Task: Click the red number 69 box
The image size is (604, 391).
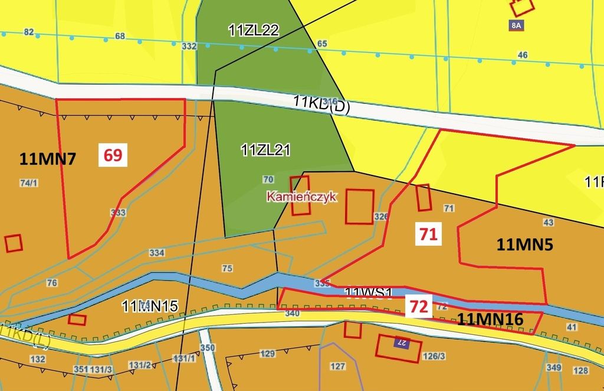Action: (x=113, y=155)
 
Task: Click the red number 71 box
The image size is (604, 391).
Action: (x=428, y=234)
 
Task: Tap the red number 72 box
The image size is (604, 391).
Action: (x=418, y=307)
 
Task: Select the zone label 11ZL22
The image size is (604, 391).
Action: (x=254, y=30)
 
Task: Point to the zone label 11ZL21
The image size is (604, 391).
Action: (x=265, y=150)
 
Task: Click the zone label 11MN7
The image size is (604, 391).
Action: (x=47, y=158)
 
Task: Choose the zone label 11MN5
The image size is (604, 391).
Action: (x=524, y=245)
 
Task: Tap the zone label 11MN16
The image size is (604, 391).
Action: (x=490, y=320)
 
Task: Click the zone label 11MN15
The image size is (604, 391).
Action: (x=150, y=306)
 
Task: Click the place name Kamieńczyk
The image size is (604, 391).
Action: (x=301, y=197)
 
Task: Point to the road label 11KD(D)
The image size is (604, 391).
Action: (x=321, y=104)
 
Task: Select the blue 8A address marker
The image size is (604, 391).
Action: (x=516, y=25)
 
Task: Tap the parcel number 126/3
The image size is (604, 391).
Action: (x=434, y=356)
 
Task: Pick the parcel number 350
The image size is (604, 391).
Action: (x=208, y=348)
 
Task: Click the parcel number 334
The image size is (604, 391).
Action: (x=157, y=253)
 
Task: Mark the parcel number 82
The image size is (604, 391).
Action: (x=29, y=32)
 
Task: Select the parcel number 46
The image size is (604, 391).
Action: (x=523, y=55)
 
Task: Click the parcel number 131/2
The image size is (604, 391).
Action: (x=140, y=365)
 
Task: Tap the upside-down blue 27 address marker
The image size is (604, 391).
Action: (x=402, y=343)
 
